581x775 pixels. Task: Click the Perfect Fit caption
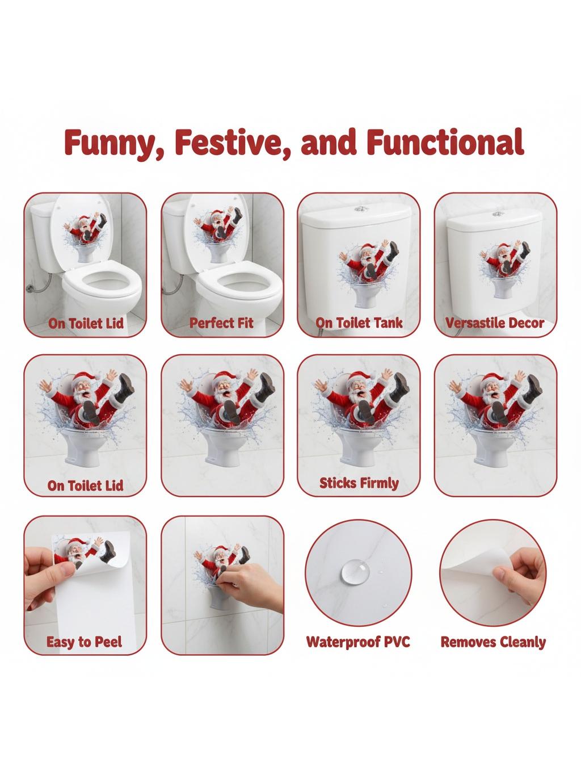click(x=221, y=323)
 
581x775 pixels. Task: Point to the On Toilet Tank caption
click(x=359, y=322)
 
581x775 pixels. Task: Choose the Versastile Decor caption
click(x=495, y=322)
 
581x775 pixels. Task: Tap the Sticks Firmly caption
click(x=359, y=483)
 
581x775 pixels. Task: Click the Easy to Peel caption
click(x=85, y=642)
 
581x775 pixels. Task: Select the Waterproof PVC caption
click(x=358, y=642)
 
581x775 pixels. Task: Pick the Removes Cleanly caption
click(x=493, y=642)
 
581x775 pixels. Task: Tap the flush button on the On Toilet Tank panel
click(x=359, y=209)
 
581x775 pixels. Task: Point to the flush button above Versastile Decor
click(x=498, y=214)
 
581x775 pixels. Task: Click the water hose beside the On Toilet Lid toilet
click(x=39, y=286)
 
